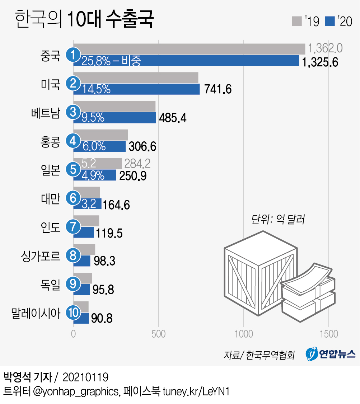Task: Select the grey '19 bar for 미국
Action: coord(136,77)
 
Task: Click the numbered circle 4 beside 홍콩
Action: coord(73,141)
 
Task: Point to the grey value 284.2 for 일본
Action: coord(137,164)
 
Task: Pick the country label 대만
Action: coord(50,198)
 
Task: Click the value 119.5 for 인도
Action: coord(108,232)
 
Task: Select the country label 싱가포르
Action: coord(40,255)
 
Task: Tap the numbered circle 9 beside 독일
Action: coord(73,284)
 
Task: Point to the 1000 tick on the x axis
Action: coord(244,334)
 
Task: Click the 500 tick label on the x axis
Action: coord(158,334)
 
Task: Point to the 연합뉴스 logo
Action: coord(331,354)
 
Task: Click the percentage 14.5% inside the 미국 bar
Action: coord(96,89)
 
